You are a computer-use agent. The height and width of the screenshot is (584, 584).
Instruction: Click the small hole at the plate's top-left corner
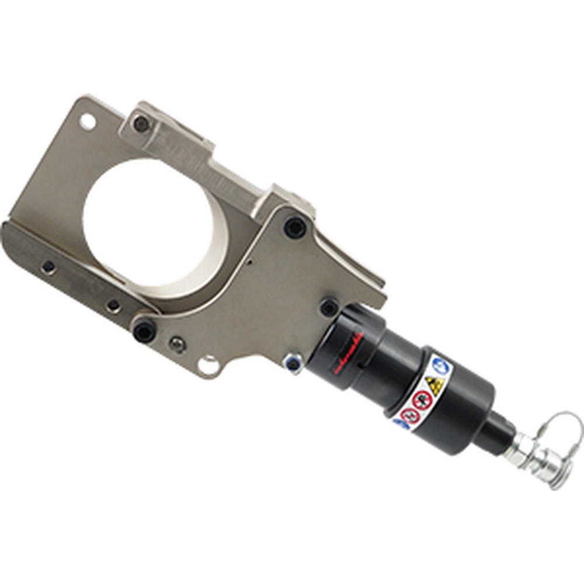point(87,121)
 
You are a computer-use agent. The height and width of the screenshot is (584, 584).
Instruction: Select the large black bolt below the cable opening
point(144,332)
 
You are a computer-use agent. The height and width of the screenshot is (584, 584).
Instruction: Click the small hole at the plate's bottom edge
point(208,366)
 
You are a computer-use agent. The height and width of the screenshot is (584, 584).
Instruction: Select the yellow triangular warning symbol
point(434,385)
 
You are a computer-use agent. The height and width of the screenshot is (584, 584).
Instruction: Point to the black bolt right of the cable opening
point(295,228)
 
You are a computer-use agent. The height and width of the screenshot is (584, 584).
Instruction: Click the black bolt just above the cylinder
point(329,307)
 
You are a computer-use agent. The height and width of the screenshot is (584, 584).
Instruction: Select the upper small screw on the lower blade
point(48,267)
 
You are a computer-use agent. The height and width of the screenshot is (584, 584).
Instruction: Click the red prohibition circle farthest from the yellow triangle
point(410,415)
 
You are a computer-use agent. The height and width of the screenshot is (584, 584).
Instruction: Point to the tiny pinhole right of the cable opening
point(249,262)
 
